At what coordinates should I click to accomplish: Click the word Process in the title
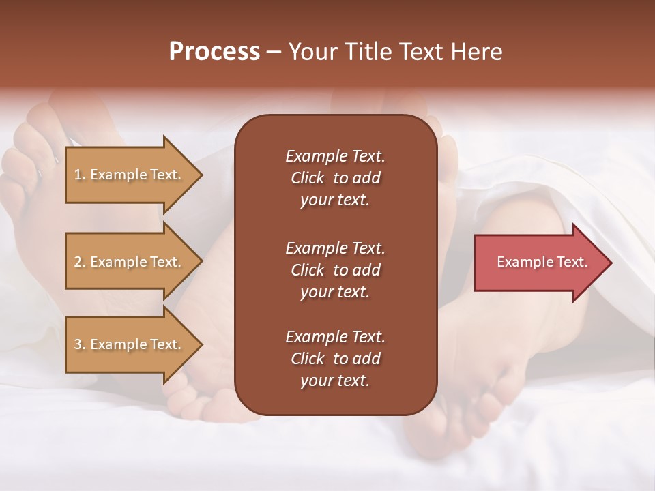point(214,52)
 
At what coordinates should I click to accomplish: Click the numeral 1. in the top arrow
point(79,175)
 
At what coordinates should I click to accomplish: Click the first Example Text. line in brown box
point(335,156)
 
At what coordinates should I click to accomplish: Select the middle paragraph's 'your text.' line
point(335,292)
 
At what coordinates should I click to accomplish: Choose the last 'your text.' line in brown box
point(335,381)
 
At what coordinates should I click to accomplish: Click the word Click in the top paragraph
point(307,178)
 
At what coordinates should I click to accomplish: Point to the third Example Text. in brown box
point(335,337)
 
